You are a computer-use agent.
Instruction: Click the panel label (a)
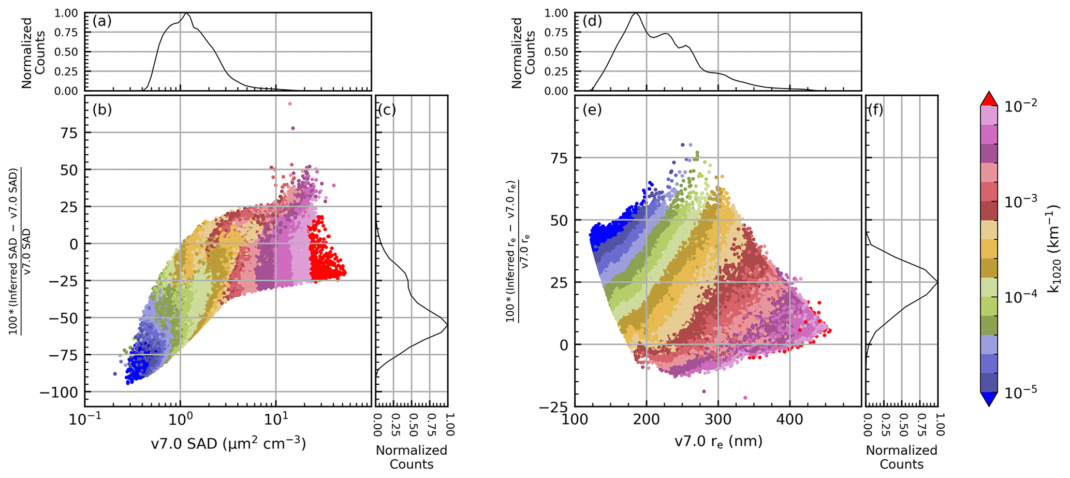click(x=101, y=22)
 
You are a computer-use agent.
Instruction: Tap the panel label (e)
click(x=592, y=110)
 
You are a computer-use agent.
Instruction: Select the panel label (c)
click(x=387, y=110)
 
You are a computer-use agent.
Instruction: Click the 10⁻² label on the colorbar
click(x=1018, y=105)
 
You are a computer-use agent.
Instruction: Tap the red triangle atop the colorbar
click(x=989, y=98)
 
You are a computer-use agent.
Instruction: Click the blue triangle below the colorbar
click(x=989, y=400)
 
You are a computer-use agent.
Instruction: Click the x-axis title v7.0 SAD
click(x=228, y=444)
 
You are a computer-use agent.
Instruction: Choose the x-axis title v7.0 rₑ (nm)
click(x=718, y=442)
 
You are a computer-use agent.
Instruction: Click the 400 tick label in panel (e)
click(x=790, y=419)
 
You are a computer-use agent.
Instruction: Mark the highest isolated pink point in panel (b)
click(x=290, y=104)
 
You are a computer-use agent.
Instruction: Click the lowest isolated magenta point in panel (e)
click(x=745, y=398)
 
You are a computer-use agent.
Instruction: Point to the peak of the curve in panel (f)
click(x=936, y=282)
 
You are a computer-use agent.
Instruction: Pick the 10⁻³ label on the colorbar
click(x=1018, y=201)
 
